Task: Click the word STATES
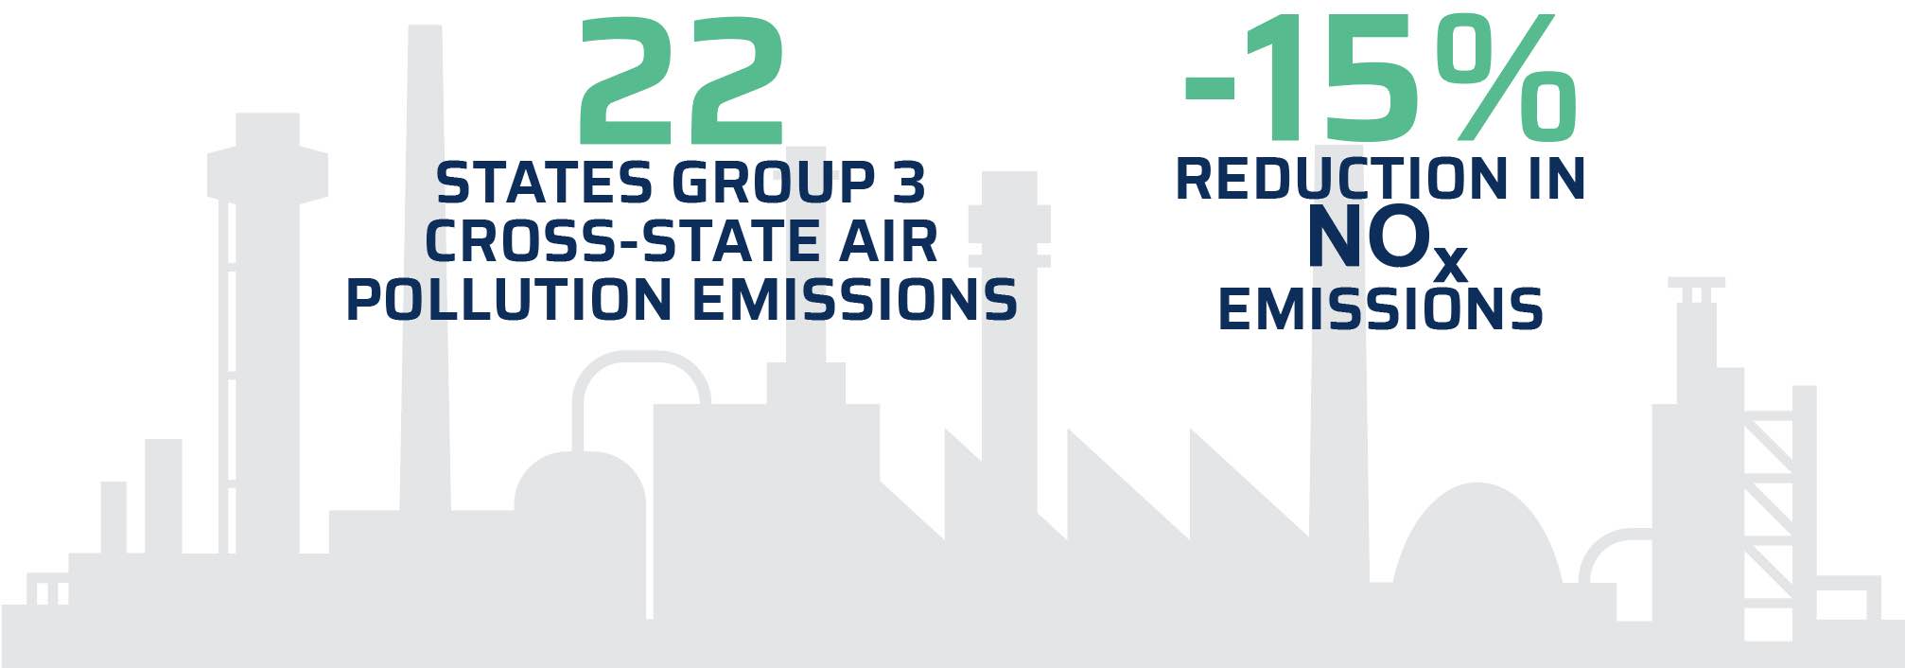(544, 183)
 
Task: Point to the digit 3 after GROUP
(908, 183)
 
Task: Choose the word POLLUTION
(509, 300)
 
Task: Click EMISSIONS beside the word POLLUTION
(854, 300)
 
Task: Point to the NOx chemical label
(1387, 244)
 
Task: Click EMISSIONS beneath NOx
(1380, 309)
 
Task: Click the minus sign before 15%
(1210, 87)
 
